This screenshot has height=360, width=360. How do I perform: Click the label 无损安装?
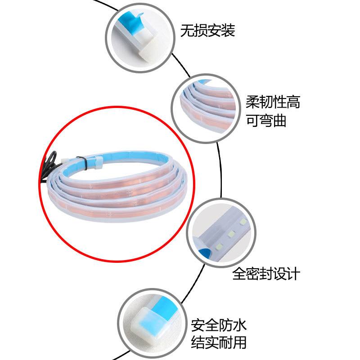coord(207,31)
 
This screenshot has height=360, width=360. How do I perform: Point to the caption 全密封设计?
coord(266,274)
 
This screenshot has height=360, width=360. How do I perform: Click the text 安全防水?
coord(219,325)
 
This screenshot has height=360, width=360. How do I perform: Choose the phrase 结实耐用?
coord(219,342)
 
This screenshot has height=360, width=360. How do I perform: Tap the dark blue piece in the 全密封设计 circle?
coord(205,252)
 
